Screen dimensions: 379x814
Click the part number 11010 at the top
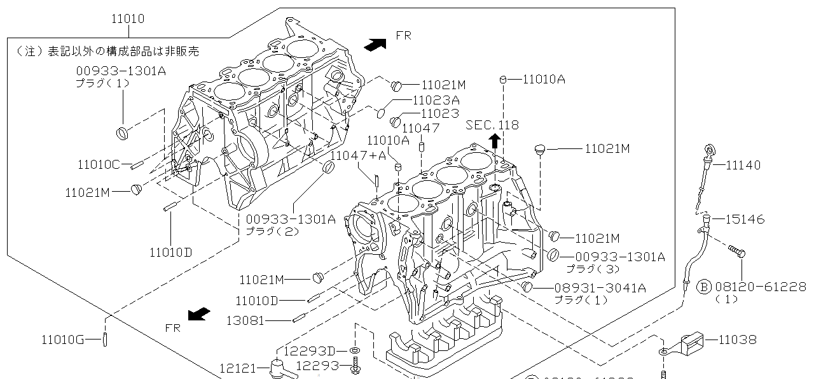tap(127, 19)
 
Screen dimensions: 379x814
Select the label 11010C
tap(99, 165)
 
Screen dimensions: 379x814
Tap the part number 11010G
tap(63, 340)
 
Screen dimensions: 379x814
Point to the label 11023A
tap(436, 100)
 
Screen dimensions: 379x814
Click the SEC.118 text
tap(492, 125)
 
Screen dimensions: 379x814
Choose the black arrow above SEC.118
tap(494, 141)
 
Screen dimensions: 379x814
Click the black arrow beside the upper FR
tap(375, 43)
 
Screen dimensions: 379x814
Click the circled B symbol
tap(703, 287)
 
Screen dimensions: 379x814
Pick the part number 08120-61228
tap(761, 287)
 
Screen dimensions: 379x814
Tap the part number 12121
tap(237, 368)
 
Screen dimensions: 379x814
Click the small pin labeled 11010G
tap(104, 339)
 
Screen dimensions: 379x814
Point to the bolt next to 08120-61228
tap(737, 252)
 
